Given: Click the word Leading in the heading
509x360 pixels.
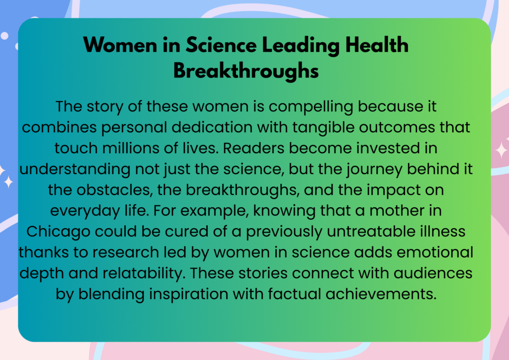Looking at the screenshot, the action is [301, 46].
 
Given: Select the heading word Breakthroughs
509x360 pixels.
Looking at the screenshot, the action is [246, 71].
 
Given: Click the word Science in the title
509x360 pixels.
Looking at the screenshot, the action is [221, 45].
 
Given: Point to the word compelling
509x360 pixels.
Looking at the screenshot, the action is [311, 107].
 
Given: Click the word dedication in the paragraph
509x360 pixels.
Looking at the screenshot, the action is [212, 127].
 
